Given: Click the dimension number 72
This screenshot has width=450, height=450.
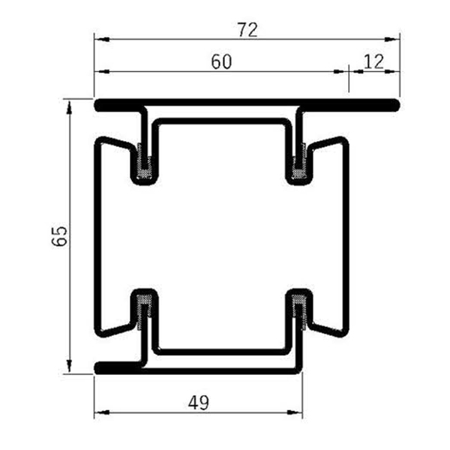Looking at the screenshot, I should tap(247, 30).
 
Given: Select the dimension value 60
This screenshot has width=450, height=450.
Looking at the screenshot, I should tap(220, 62).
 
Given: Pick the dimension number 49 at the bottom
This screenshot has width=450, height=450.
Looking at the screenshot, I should tap(198, 403).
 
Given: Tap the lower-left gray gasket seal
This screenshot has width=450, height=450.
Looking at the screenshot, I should tap(144, 307).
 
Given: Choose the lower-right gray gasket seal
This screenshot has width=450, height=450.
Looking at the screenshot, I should tap(300, 307).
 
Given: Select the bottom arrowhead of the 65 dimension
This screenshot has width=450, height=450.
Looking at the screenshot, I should tap(70, 367).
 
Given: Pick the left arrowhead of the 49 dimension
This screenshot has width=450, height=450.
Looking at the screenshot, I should tap(98, 413).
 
